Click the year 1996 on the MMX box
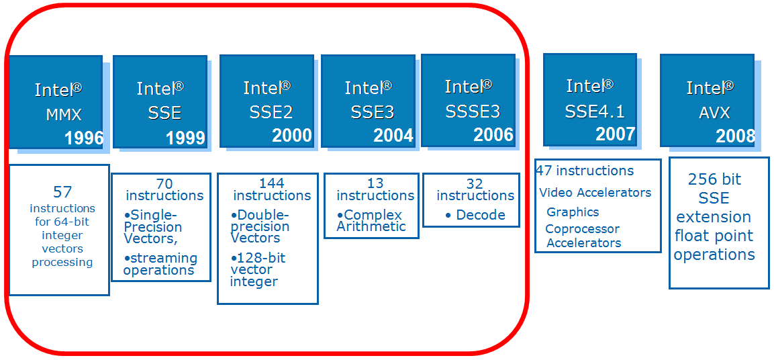[x=84, y=138]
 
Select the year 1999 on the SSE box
[x=185, y=138]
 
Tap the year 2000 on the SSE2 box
[x=292, y=136]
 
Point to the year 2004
[x=393, y=136]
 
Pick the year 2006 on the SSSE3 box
[x=493, y=134]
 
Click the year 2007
[x=615, y=134]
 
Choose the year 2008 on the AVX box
[x=735, y=136]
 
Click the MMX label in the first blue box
[x=64, y=115]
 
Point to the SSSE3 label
[x=473, y=111]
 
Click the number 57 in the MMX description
[x=62, y=193]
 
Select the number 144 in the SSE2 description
[x=271, y=183]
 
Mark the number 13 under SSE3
[x=375, y=183]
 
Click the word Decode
[x=481, y=215]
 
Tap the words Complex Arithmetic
[x=372, y=221]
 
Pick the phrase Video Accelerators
[x=595, y=193]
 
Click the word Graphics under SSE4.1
[x=573, y=212]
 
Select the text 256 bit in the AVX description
[x=714, y=179]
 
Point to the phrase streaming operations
[x=161, y=264]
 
